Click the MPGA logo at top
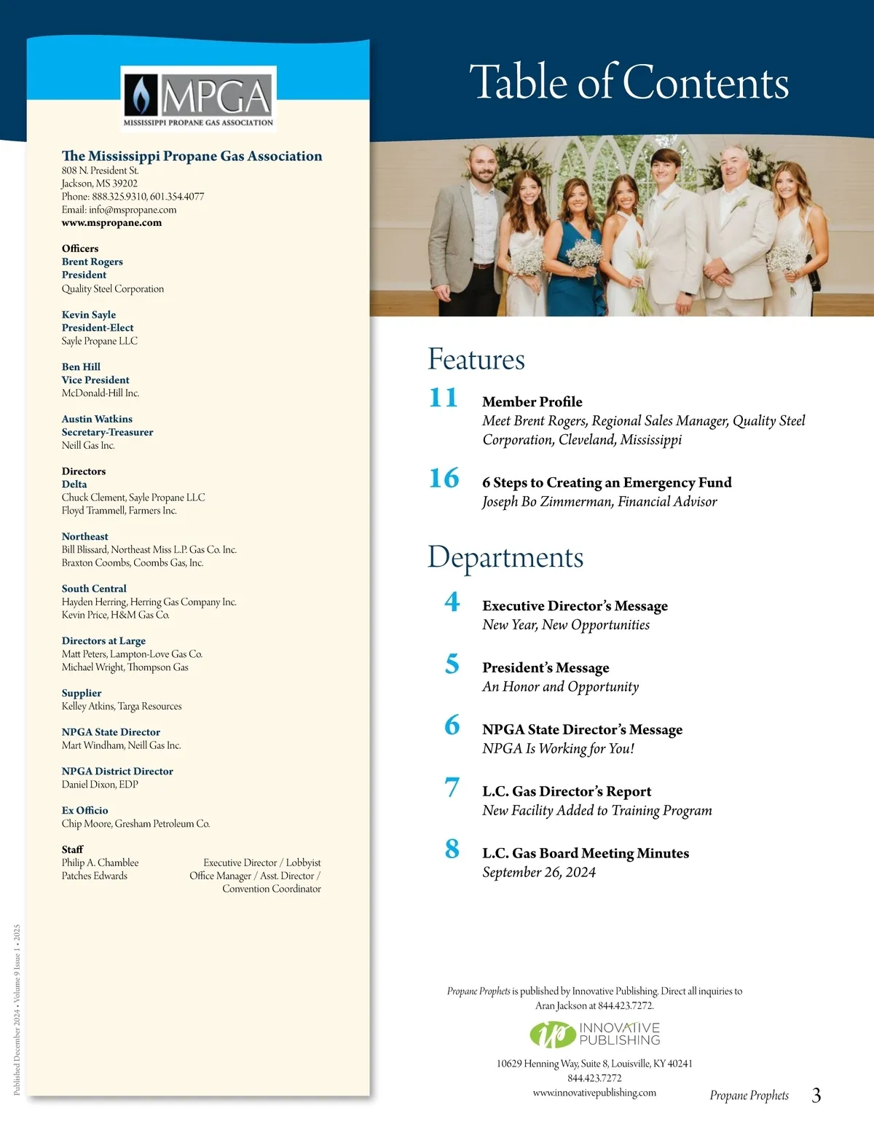(x=198, y=98)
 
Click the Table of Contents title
(x=629, y=82)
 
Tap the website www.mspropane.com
(x=111, y=223)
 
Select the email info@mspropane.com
(x=133, y=210)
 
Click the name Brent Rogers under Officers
(x=92, y=262)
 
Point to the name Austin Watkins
(x=97, y=419)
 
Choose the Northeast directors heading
(x=84, y=536)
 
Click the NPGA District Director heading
(x=117, y=771)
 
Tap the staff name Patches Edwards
(x=94, y=876)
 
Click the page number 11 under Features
(x=443, y=398)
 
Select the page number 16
(x=444, y=479)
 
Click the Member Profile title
(x=532, y=401)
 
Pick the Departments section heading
(x=505, y=557)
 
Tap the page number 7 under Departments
(x=452, y=788)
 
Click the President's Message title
(x=546, y=667)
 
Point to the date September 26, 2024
(x=538, y=872)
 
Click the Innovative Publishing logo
(x=594, y=1034)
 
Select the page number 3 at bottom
(x=816, y=1095)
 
